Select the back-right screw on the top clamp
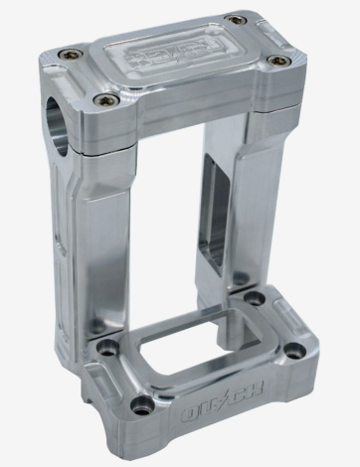coord(235,20)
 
